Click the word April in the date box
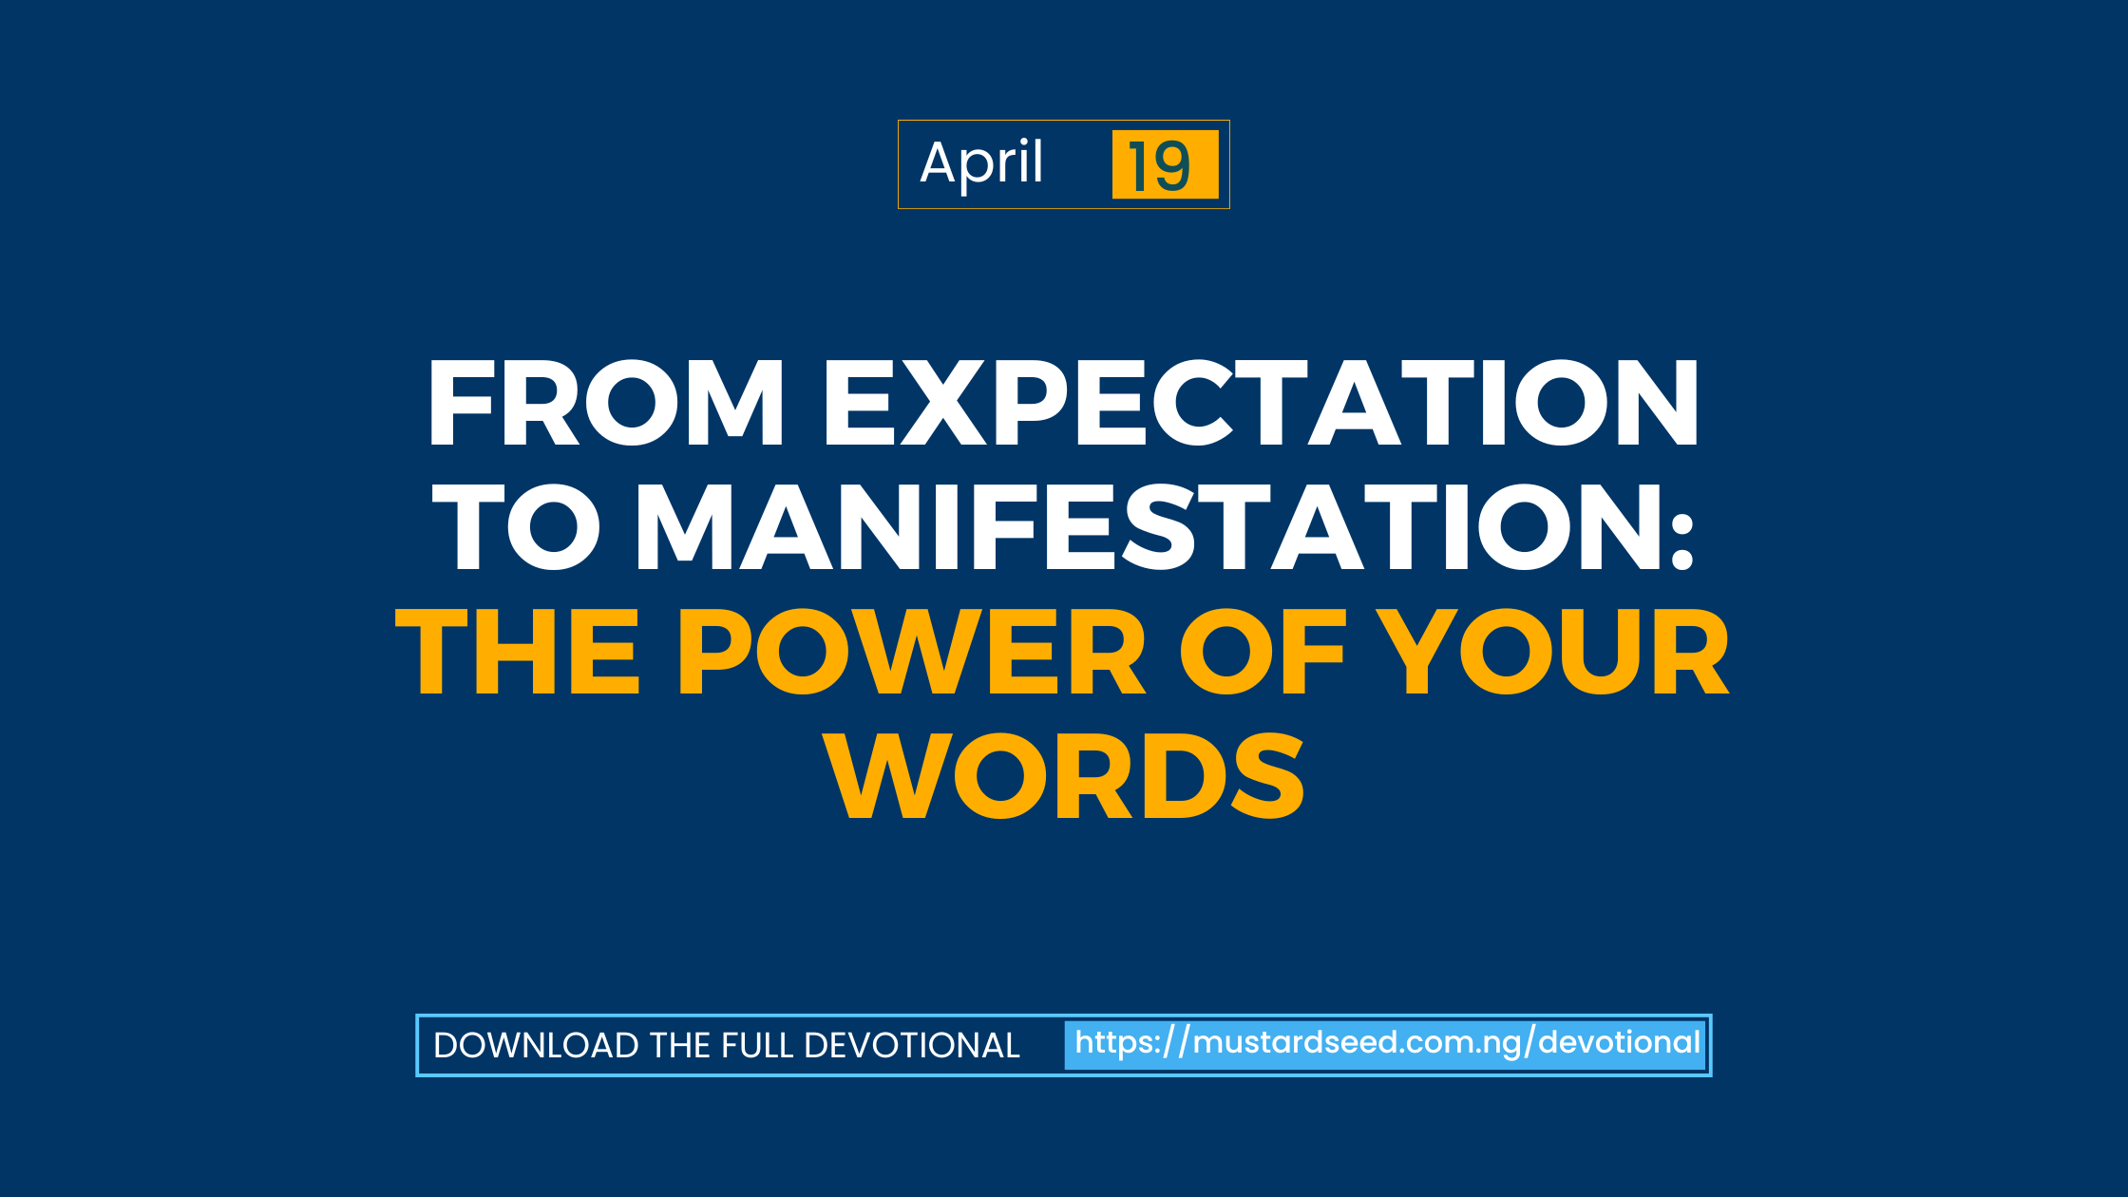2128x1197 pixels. pos(981,164)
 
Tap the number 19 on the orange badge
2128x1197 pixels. pos(1159,165)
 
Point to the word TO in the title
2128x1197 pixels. pos(517,527)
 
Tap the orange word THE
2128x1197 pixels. pos(518,652)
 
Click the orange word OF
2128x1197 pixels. pos(1263,652)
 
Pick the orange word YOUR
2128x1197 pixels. pos(1554,652)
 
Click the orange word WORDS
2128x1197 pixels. pos(1064,776)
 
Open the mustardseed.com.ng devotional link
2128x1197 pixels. pos(1387,1043)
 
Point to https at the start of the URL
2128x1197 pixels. pos(1116,1043)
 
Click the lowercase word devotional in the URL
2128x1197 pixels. pos(1619,1042)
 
